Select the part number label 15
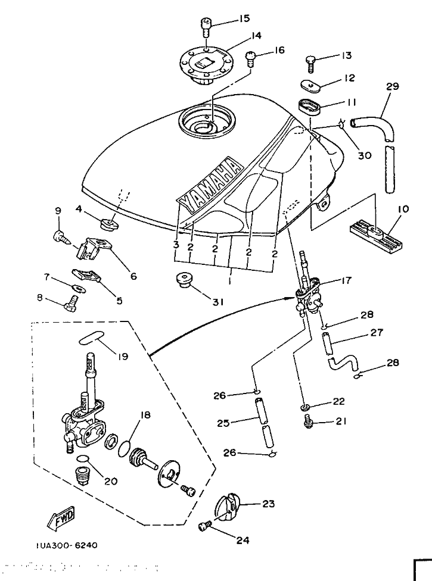(245, 19)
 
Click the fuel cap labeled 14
(204, 63)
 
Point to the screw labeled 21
(308, 421)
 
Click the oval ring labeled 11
(308, 107)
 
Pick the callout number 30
(365, 155)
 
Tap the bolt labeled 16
(251, 59)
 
